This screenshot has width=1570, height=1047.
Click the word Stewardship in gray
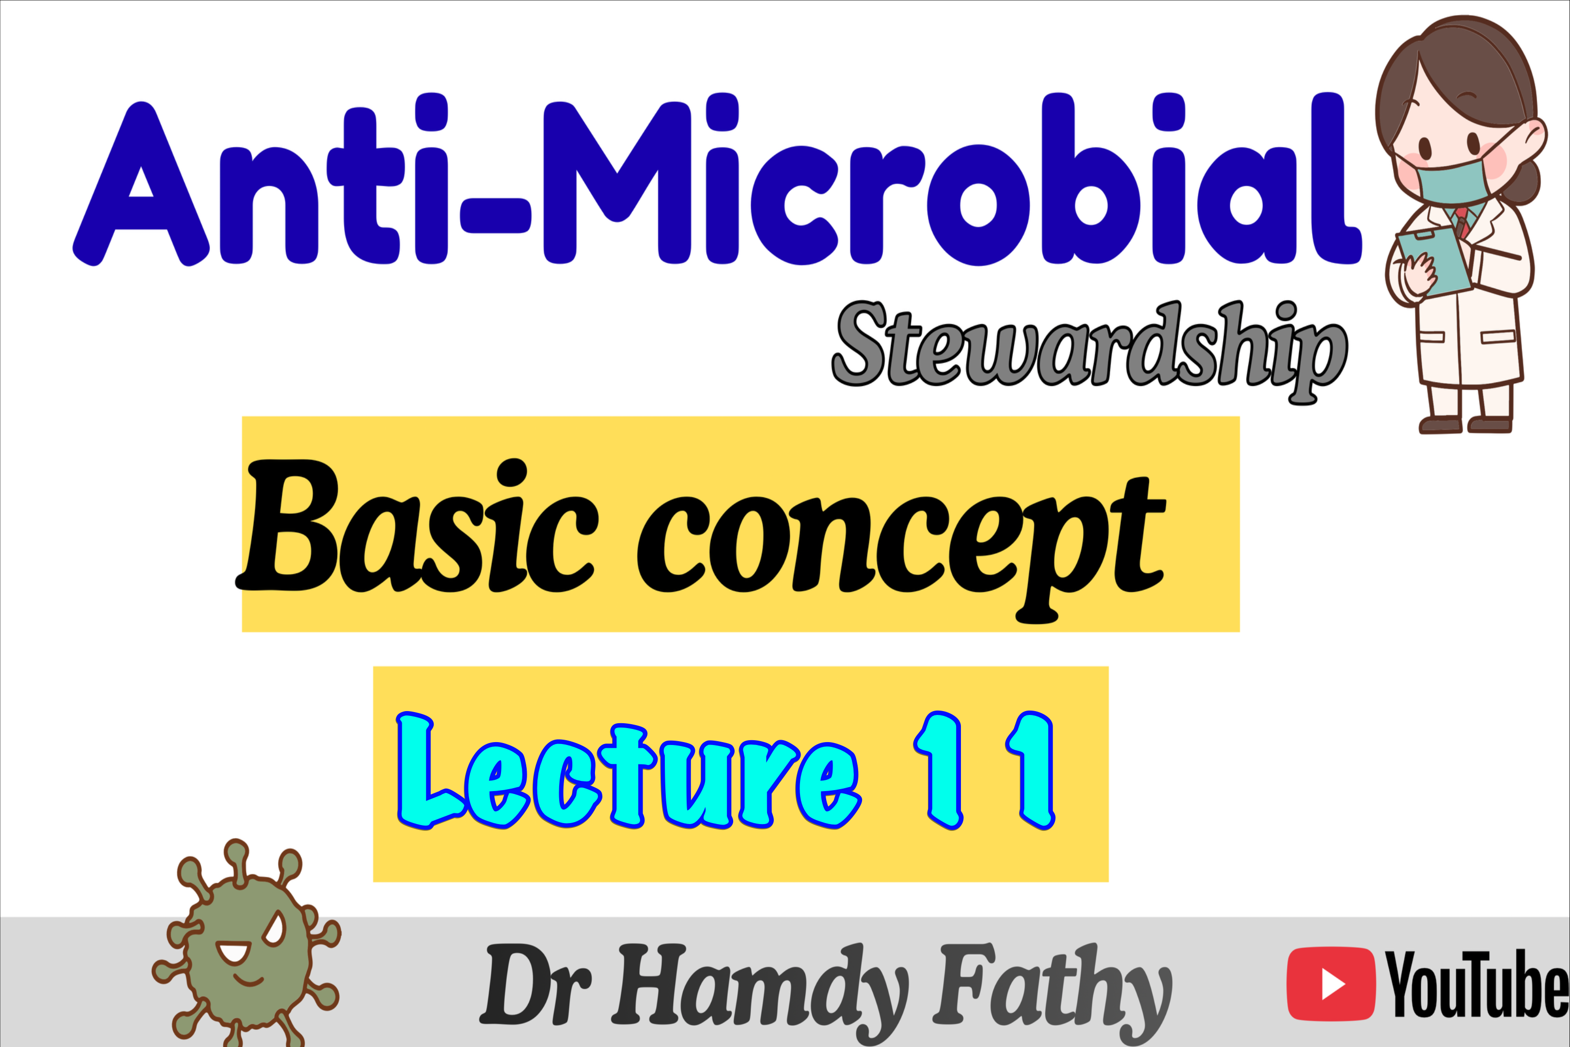[1089, 351]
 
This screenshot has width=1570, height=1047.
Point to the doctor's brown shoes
[1465, 425]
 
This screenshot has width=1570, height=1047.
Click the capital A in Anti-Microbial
[141, 184]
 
